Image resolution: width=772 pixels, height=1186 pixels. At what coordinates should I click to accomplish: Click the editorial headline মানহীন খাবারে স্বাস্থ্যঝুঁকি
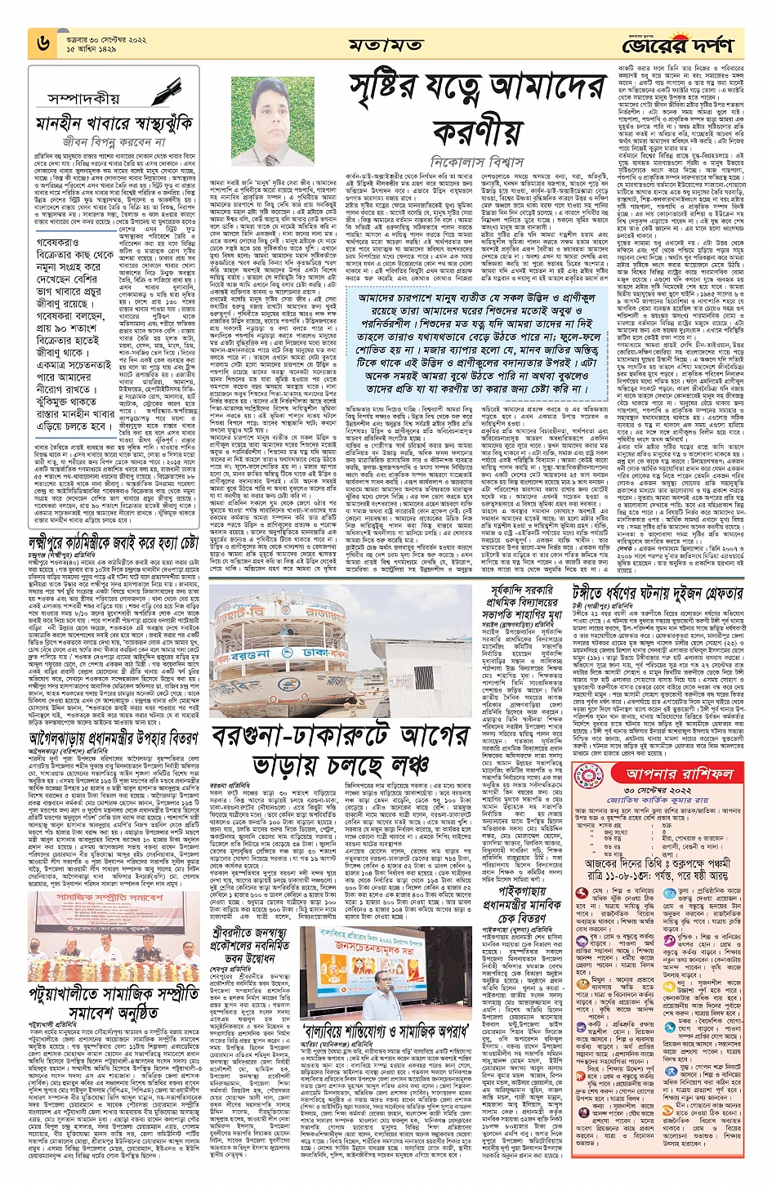(x=114, y=125)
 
